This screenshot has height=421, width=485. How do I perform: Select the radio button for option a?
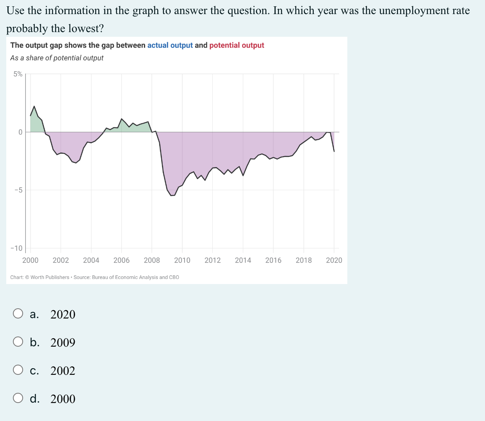[x=18, y=314]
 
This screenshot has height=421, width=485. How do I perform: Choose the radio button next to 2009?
[x=18, y=342]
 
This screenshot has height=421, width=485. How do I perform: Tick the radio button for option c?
[x=18, y=370]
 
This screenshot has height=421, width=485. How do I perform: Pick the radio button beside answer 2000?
[x=18, y=398]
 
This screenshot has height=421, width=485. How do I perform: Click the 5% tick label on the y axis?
[x=18, y=74]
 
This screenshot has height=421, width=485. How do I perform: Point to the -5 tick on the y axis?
[x=18, y=190]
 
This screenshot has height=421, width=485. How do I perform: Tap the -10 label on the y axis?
[x=16, y=248]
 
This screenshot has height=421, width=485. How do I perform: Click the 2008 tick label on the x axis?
[x=152, y=260]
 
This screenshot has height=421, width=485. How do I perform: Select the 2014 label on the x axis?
[x=243, y=260]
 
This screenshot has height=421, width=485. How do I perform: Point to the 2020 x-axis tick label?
[x=334, y=260]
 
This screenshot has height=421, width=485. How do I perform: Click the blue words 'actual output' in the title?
[x=170, y=45]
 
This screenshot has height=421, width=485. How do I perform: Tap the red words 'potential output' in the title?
[x=237, y=45]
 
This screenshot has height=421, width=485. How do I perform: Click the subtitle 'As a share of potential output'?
[x=57, y=58]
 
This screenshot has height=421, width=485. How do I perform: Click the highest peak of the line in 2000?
[x=34, y=106]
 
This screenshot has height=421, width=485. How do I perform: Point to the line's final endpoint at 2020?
[x=334, y=151]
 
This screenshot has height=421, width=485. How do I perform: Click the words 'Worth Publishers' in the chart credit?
[x=50, y=277]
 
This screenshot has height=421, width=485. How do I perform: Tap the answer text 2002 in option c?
[x=63, y=371]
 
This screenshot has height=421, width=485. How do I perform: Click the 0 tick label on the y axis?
[x=20, y=132]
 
